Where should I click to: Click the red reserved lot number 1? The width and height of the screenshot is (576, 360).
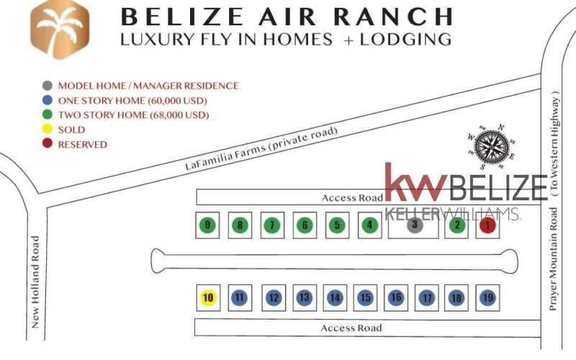(x=487, y=225)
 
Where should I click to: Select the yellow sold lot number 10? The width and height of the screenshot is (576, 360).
(x=208, y=297)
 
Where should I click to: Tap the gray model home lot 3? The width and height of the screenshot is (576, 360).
(x=415, y=225)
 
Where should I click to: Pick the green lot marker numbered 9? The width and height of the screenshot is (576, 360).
(x=207, y=225)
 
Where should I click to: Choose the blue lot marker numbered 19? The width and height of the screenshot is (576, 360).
(x=487, y=297)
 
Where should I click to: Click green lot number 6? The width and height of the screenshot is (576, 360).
(x=305, y=225)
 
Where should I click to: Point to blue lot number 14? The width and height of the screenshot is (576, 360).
(x=335, y=297)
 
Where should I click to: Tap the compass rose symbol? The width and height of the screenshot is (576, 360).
(x=491, y=147)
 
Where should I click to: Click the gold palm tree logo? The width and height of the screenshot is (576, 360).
(x=60, y=29)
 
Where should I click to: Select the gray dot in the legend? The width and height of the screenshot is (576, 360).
(x=47, y=86)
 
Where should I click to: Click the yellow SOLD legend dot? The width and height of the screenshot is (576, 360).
(x=47, y=129)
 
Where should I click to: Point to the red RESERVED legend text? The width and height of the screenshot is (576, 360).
(x=83, y=145)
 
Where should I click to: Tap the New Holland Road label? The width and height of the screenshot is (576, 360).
(x=35, y=282)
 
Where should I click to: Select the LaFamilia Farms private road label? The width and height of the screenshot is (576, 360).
(x=261, y=148)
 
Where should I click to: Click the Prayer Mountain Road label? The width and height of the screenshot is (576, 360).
(x=554, y=259)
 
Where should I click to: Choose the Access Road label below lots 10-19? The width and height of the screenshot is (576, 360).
(x=351, y=328)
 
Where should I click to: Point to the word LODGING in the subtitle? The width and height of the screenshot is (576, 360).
(x=405, y=40)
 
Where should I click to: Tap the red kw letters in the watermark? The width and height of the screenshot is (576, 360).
(x=415, y=182)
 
